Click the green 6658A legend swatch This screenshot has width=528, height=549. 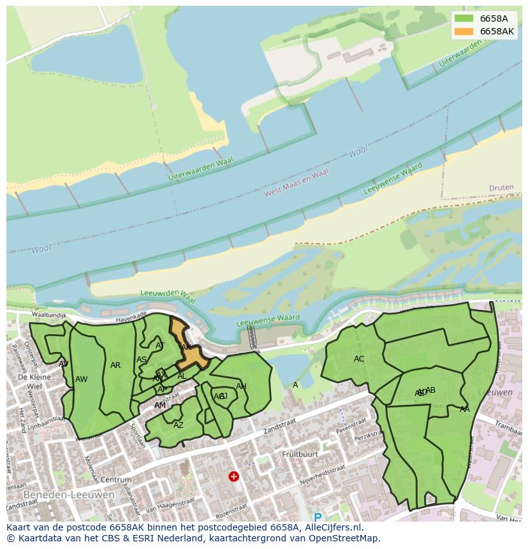point(464,18)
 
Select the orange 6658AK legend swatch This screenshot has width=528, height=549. point(464,31)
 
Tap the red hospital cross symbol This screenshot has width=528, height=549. point(234,476)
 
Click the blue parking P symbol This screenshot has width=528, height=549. point(318,517)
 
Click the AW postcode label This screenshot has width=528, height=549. point(81,379)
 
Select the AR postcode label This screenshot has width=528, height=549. point(115,365)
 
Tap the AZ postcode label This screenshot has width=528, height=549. point(179,425)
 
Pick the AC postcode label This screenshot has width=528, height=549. point(359,359)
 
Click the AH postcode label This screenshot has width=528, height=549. point(241,386)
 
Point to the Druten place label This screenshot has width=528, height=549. point(501,188)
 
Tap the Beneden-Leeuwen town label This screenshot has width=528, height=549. point(69,495)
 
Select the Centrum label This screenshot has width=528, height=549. point(116,479)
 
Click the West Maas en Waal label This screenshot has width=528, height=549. point(297,183)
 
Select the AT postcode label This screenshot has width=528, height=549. point(160,346)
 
